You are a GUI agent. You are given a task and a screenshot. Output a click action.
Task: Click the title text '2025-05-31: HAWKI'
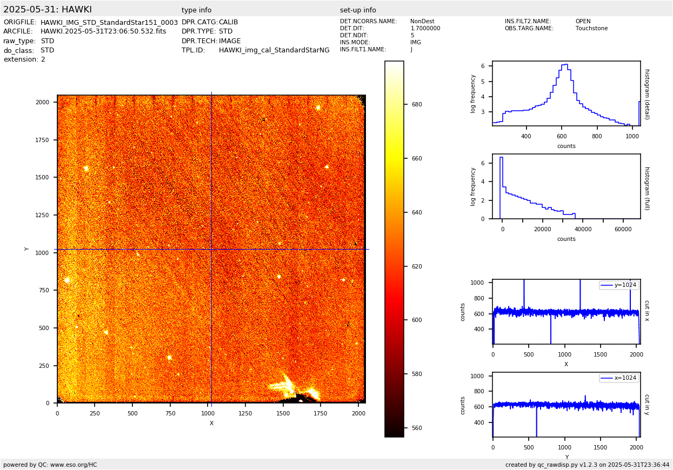click(x=48, y=10)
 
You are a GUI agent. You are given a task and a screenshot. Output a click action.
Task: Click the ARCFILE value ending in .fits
click(x=103, y=31)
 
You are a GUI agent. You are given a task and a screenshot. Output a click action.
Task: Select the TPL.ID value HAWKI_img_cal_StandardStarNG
click(x=274, y=50)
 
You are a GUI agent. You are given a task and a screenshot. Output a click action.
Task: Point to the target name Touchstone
click(x=591, y=29)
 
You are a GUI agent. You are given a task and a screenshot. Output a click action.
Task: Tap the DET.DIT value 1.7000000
click(x=425, y=29)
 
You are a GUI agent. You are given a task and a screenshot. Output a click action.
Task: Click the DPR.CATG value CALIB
click(x=228, y=22)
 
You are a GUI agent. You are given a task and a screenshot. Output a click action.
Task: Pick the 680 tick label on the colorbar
click(x=417, y=105)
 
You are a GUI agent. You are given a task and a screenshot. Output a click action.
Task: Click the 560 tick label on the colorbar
click(x=417, y=428)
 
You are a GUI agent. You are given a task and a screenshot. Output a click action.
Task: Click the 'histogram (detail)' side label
click(x=647, y=94)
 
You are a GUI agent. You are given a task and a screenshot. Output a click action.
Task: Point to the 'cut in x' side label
click(x=647, y=311)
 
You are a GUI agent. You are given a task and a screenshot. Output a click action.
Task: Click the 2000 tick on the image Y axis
click(x=43, y=102)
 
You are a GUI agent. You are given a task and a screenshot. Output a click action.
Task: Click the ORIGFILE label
click(x=20, y=22)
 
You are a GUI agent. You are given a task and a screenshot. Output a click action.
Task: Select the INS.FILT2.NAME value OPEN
click(x=583, y=22)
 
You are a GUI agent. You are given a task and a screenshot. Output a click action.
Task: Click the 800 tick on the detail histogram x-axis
click(x=597, y=136)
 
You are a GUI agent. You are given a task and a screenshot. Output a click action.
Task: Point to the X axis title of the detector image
click(x=211, y=424)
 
